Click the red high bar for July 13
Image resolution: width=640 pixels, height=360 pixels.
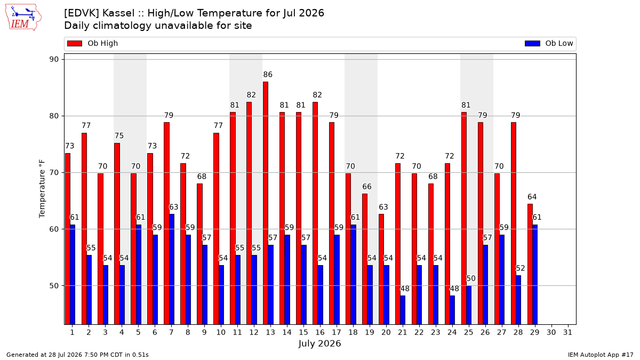[x=266, y=203]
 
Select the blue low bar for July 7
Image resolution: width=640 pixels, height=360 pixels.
[x=172, y=269]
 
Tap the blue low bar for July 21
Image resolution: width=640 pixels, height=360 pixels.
[x=403, y=310]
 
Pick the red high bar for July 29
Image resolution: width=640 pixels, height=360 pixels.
[x=530, y=265]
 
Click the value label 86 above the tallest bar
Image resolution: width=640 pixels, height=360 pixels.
[x=268, y=75]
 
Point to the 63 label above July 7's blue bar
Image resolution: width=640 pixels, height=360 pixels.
[x=174, y=207]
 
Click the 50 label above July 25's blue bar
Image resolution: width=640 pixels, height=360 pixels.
[x=471, y=278]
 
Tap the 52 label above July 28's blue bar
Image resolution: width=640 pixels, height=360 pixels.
[x=521, y=268]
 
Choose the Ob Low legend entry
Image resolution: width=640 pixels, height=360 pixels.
[x=549, y=43]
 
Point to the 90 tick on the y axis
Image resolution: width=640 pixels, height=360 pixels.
[x=54, y=59]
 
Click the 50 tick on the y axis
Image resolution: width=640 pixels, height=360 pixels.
[x=54, y=286]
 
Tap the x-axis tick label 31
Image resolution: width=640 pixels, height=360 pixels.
[x=567, y=332]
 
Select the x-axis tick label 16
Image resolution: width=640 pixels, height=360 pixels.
[x=320, y=332]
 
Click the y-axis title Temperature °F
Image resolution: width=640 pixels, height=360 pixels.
[x=42, y=189]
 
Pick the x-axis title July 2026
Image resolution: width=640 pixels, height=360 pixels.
[x=319, y=343]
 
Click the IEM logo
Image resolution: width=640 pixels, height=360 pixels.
[x=23, y=18]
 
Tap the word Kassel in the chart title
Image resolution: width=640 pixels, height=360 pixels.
[x=118, y=13]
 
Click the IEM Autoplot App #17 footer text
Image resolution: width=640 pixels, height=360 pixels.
[x=601, y=355]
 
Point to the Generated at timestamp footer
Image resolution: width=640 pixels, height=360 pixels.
[x=77, y=355]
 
